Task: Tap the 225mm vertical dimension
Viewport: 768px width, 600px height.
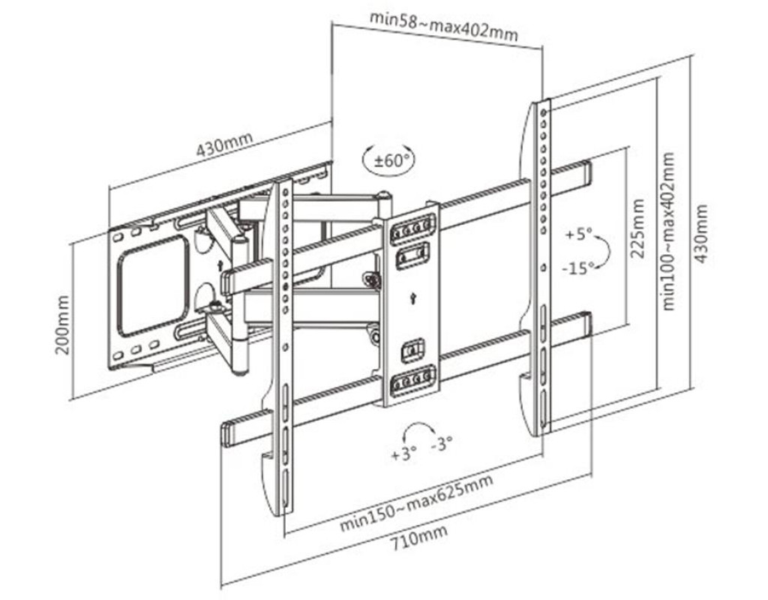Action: tap(638, 229)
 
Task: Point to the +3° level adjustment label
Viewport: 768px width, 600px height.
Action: tap(403, 454)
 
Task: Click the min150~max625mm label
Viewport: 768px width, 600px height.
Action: tap(417, 502)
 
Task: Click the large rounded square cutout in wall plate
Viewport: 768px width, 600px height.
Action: tap(154, 285)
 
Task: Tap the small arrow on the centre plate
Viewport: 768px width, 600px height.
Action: tap(412, 298)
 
